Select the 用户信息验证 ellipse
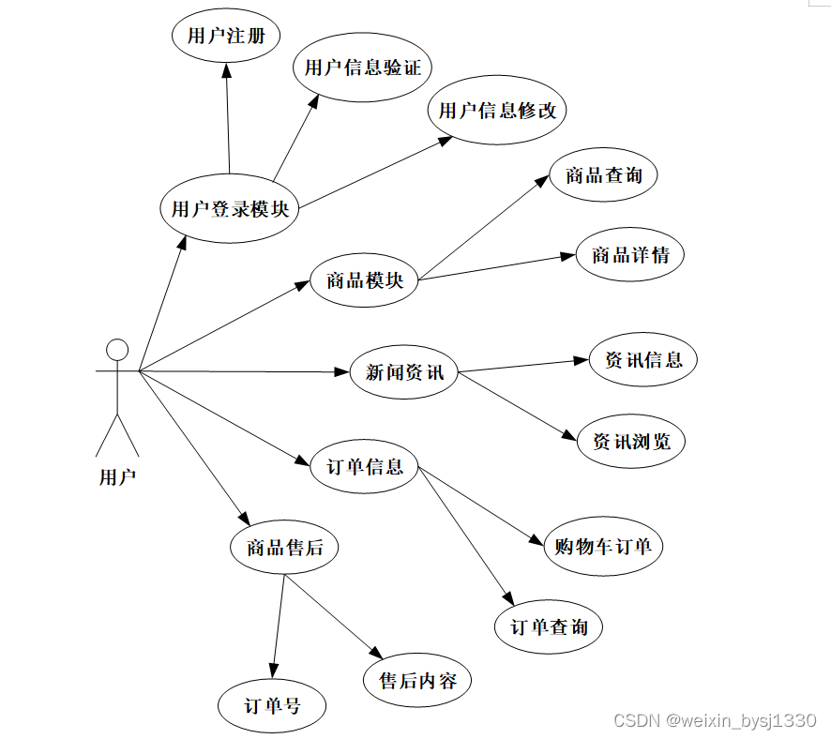coord(363,68)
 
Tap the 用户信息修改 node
coord(498,111)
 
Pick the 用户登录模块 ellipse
coord(230,209)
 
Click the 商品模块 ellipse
coord(364,279)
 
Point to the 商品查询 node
coord(604,174)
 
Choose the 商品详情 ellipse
coord(630,254)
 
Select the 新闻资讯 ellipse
coord(404,372)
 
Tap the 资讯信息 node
coord(643,359)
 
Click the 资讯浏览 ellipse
coord(631,441)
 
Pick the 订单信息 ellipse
coord(365,466)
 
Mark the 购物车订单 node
coord(603,546)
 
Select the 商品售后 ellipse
coord(284,547)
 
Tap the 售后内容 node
coord(417,681)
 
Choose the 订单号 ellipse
coord(272,705)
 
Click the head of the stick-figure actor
coord(117,350)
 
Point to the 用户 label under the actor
coord(117,477)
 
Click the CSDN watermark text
coord(715,720)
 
